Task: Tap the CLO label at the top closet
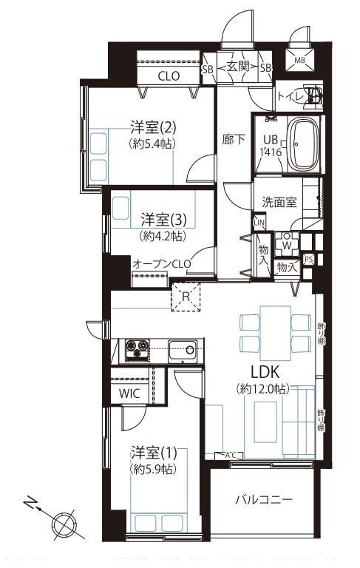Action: point(169,75)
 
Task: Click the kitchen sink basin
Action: point(182,348)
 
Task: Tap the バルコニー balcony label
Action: point(264,500)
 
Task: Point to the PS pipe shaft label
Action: point(308,259)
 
